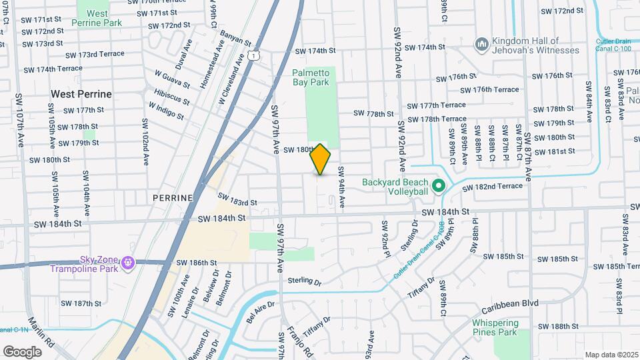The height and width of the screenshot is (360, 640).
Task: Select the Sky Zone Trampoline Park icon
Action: tap(127, 265)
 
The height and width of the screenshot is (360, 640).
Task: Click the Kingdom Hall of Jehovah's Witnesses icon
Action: tap(481, 44)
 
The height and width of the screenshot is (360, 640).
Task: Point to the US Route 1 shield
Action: tap(254, 57)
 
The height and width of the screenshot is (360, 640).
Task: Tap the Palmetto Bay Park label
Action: tap(311, 77)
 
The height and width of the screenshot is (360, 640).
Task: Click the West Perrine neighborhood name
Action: tap(81, 94)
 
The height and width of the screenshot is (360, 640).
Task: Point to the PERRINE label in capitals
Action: tap(172, 198)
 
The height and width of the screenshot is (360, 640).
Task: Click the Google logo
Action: tap(22, 351)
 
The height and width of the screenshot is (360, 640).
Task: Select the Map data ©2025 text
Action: tap(611, 355)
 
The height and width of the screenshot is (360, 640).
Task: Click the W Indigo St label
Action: tap(166, 109)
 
